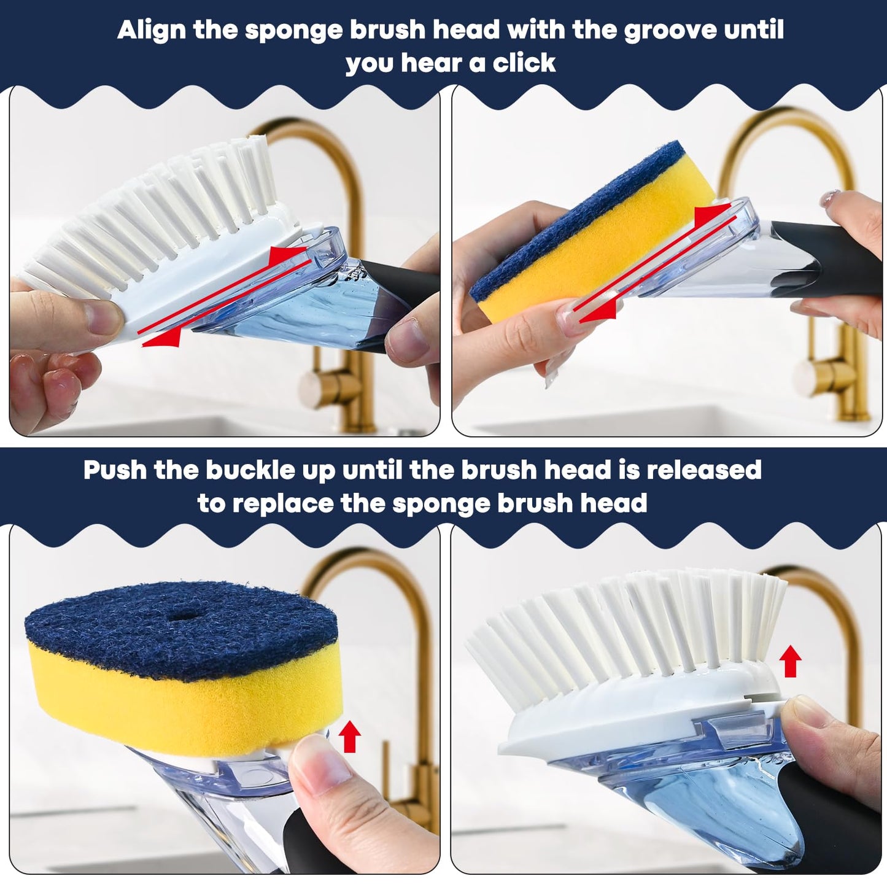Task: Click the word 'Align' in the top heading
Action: [152, 30]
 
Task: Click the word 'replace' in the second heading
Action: [282, 503]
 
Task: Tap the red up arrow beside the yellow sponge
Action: [349, 736]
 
